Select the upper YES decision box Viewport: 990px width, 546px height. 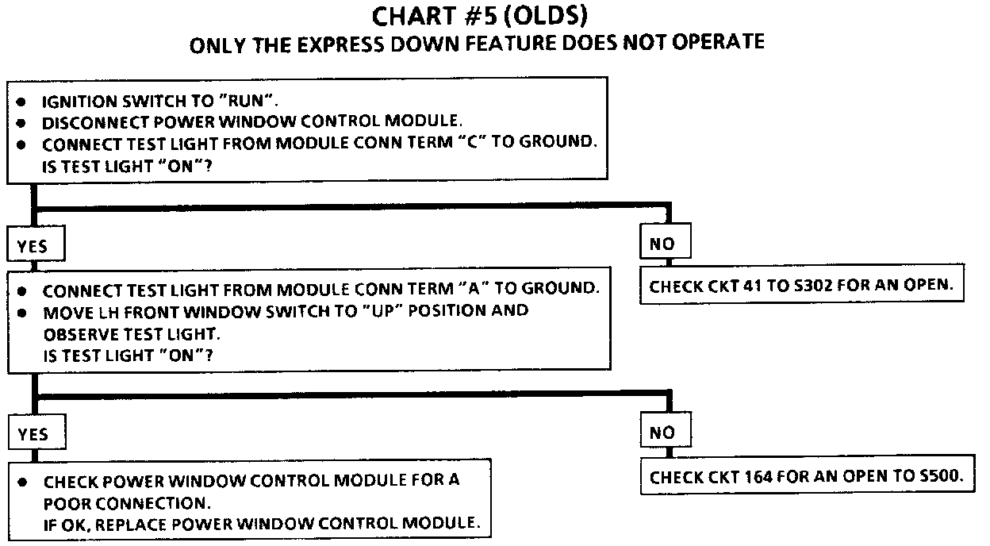click(x=32, y=245)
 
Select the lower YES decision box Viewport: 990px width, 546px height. click(x=32, y=433)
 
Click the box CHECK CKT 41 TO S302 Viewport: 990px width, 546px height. click(x=801, y=286)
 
